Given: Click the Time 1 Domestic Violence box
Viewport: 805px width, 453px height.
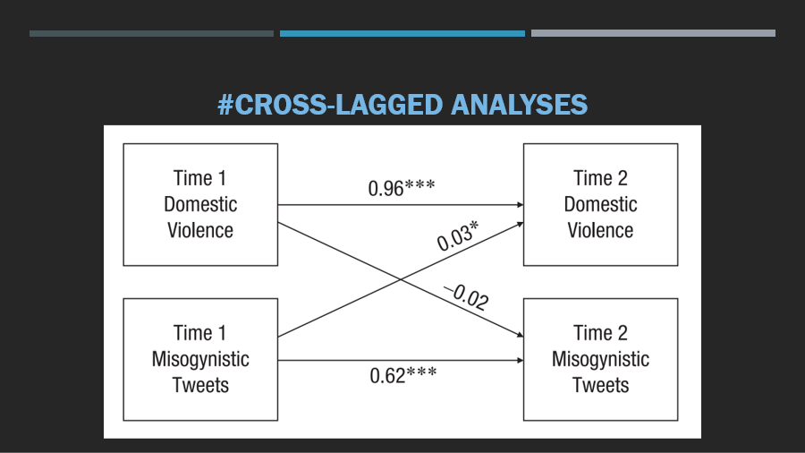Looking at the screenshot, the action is tap(200, 204).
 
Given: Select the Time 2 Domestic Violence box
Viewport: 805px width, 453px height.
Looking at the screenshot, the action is tap(601, 204).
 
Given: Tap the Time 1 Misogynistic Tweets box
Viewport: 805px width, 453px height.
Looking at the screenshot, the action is tap(200, 360).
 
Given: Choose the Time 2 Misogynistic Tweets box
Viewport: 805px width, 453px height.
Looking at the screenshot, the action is tap(601, 360).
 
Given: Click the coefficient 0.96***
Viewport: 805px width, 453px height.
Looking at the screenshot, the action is tap(402, 188).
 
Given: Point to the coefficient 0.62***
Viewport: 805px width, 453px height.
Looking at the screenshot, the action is tap(403, 375).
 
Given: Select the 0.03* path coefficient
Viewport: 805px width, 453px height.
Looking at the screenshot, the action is tap(458, 235).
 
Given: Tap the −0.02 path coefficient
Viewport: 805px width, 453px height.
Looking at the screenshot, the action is tap(466, 297).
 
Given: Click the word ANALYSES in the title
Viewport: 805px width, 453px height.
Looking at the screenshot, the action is tap(519, 105).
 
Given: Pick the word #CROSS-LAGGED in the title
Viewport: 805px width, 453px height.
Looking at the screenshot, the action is tap(330, 105).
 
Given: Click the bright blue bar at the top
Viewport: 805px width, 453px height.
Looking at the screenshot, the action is tap(402, 33).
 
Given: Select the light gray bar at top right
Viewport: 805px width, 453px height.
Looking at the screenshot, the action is tap(653, 33).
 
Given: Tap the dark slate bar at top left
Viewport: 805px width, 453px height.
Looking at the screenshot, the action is tap(151, 33).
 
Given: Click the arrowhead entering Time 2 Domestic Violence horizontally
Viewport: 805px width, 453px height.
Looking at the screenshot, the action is tap(520, 205).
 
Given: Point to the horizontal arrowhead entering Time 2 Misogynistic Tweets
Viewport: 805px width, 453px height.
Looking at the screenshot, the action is tap(520, 361).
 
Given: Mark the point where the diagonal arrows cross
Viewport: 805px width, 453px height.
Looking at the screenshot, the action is tap(401, 279).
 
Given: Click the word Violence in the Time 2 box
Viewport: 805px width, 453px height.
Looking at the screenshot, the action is tap(600, 230).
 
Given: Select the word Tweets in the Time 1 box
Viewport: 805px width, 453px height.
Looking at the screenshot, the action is tap(200, 385).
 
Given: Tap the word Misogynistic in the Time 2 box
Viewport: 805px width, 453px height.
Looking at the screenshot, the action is tap(601, 359).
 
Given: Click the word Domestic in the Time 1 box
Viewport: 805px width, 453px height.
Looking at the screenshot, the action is tap(200, 204).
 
